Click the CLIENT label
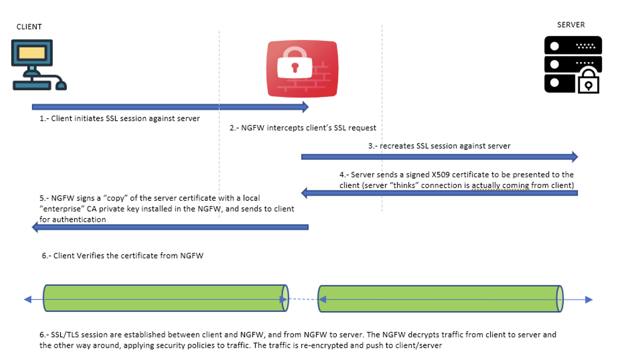[29, 27]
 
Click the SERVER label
[570, 25]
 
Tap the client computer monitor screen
[32, 53]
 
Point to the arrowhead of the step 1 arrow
[305, 107]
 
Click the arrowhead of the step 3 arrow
[575, 157]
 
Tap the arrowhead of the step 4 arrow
[304, 193]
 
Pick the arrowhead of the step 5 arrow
[35, 227]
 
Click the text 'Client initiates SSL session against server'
[125, 118]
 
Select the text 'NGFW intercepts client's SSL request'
[308, 128]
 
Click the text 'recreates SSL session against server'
[445, 146]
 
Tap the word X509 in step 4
[440, 174]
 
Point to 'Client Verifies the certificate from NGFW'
[128, 256]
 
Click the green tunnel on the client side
[165, 298]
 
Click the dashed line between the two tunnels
[303, 299]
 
